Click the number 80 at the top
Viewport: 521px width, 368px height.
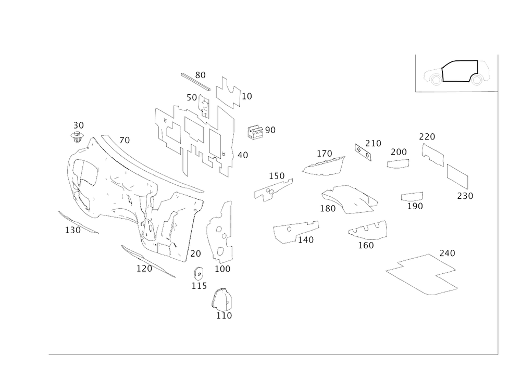[201, 74]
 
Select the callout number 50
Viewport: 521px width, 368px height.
[192, 97]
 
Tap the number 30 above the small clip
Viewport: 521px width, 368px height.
[79, 124]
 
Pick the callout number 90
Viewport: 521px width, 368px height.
[270, 129]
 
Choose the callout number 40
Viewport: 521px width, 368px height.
[243, 155]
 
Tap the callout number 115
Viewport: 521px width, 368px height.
[199, 286]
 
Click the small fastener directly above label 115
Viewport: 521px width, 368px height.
[197, 272]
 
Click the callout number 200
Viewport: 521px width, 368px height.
[399, 151]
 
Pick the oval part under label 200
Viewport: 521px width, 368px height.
[398, 164]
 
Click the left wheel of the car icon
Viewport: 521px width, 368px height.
[433, 79]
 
